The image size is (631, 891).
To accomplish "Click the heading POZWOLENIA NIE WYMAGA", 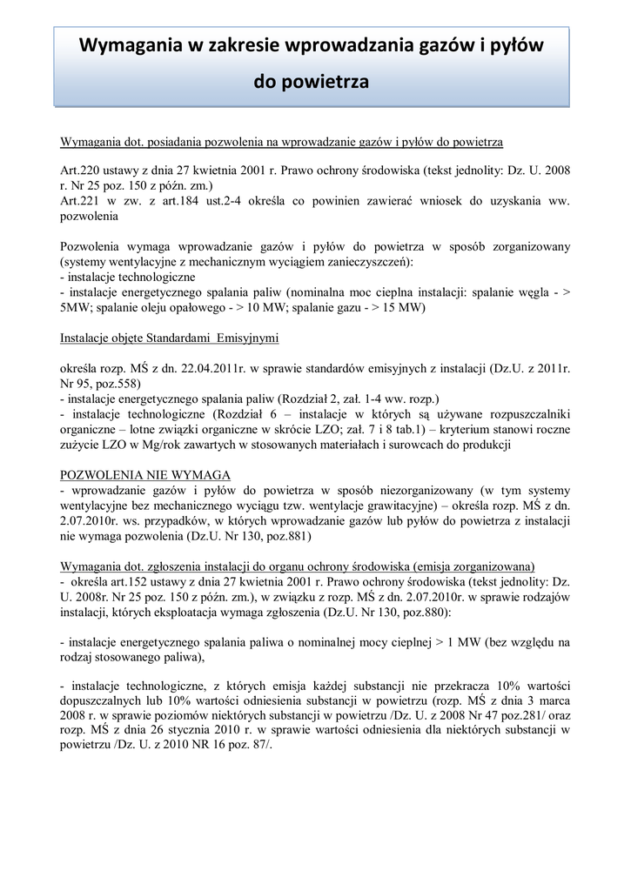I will tap(144, 474).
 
